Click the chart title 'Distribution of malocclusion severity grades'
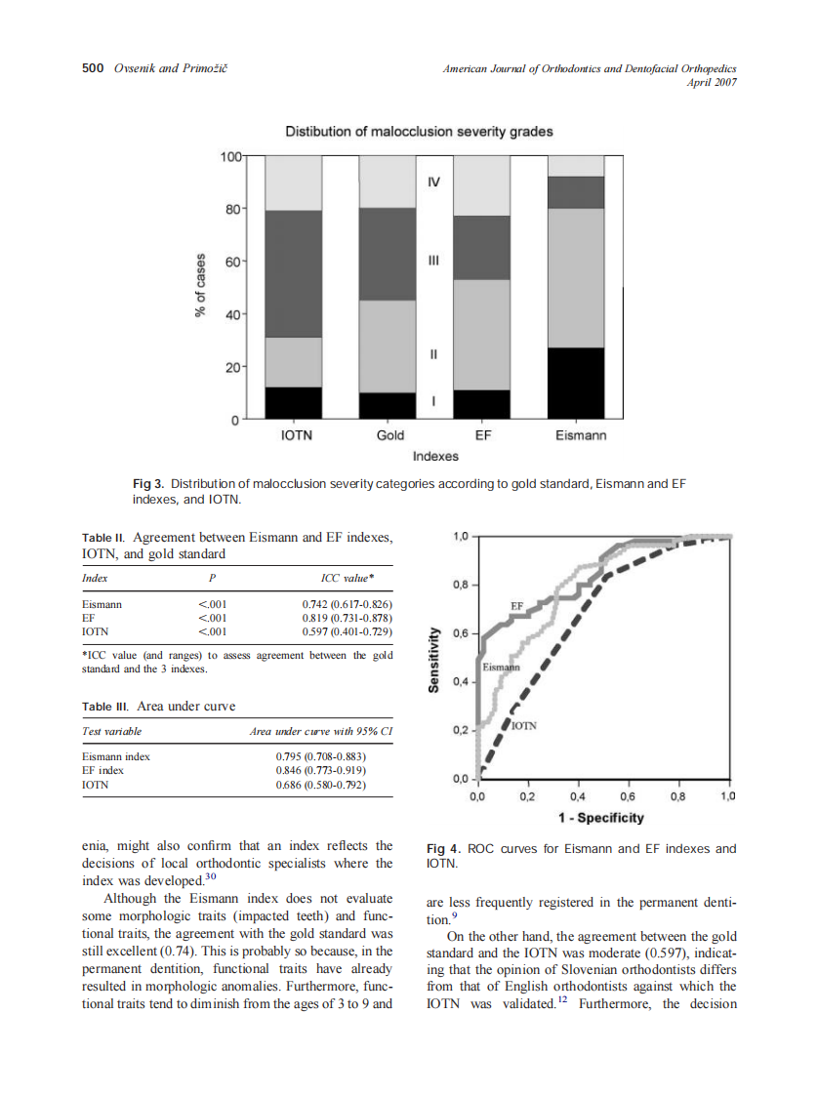point(418,132)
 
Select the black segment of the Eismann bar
point(575,384)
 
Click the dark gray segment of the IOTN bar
point(295,274)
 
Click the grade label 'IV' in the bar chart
point(434,182)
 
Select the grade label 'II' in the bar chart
point(434,355)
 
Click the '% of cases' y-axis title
point(200,286)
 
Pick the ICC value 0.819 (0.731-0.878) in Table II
point(347,618)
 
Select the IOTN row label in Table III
point(95,784)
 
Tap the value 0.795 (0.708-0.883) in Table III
point(320,756)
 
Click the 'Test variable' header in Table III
point(111,731)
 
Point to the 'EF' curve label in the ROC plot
point(518,606)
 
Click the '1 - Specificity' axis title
point(600,817)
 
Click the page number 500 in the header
point(93,68)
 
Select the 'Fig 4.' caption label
point(445,849)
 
